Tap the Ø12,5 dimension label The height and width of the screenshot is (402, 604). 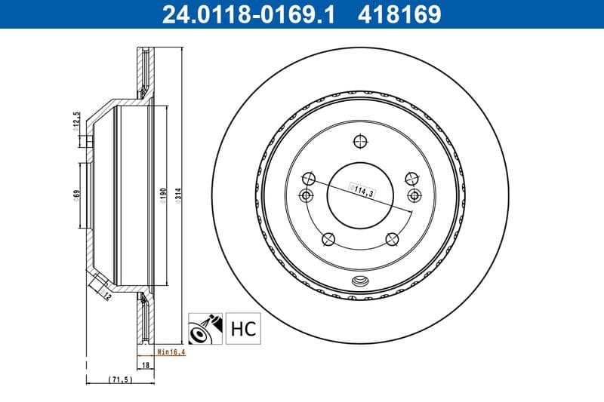tap(75, 121)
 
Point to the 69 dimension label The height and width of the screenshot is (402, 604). tap(76, 194)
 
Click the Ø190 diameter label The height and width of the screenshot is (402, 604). tap(162, 195)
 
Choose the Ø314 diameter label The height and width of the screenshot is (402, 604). tap(178, 195)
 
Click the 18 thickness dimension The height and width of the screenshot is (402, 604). tap(146, 364)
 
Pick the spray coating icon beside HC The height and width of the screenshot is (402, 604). tap(204, 329)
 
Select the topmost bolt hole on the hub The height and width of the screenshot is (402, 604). tap(359, 141)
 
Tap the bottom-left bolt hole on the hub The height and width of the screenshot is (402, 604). tap(328, 240)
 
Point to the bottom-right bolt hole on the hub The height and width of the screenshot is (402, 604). tap(392, 240)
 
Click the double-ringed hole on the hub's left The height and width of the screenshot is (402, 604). tap(307, 195)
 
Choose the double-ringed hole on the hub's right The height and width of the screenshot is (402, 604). tap(413, 195)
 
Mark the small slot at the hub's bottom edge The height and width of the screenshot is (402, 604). tap(359, 283)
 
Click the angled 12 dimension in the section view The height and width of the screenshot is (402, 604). tap(106, 296)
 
